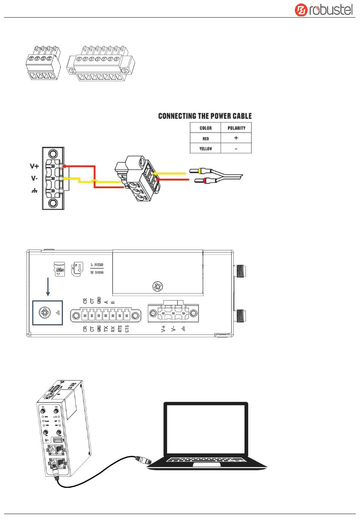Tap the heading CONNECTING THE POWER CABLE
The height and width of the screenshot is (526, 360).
(205, 116)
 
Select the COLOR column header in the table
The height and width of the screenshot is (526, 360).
(205, 128)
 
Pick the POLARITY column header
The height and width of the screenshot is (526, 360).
(236, 128)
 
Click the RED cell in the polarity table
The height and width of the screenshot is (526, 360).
(205, 138)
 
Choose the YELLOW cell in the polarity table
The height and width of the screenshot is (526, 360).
(205, 149)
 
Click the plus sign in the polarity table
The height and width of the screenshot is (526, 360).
(236, 138)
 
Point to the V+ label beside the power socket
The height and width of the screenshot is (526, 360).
(34, 166)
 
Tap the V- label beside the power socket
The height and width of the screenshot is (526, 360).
(34, 178)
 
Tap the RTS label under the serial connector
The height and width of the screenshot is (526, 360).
(120, 328)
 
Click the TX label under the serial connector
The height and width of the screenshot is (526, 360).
(106, 328)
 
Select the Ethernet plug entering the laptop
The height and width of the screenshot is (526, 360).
(142, 460)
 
